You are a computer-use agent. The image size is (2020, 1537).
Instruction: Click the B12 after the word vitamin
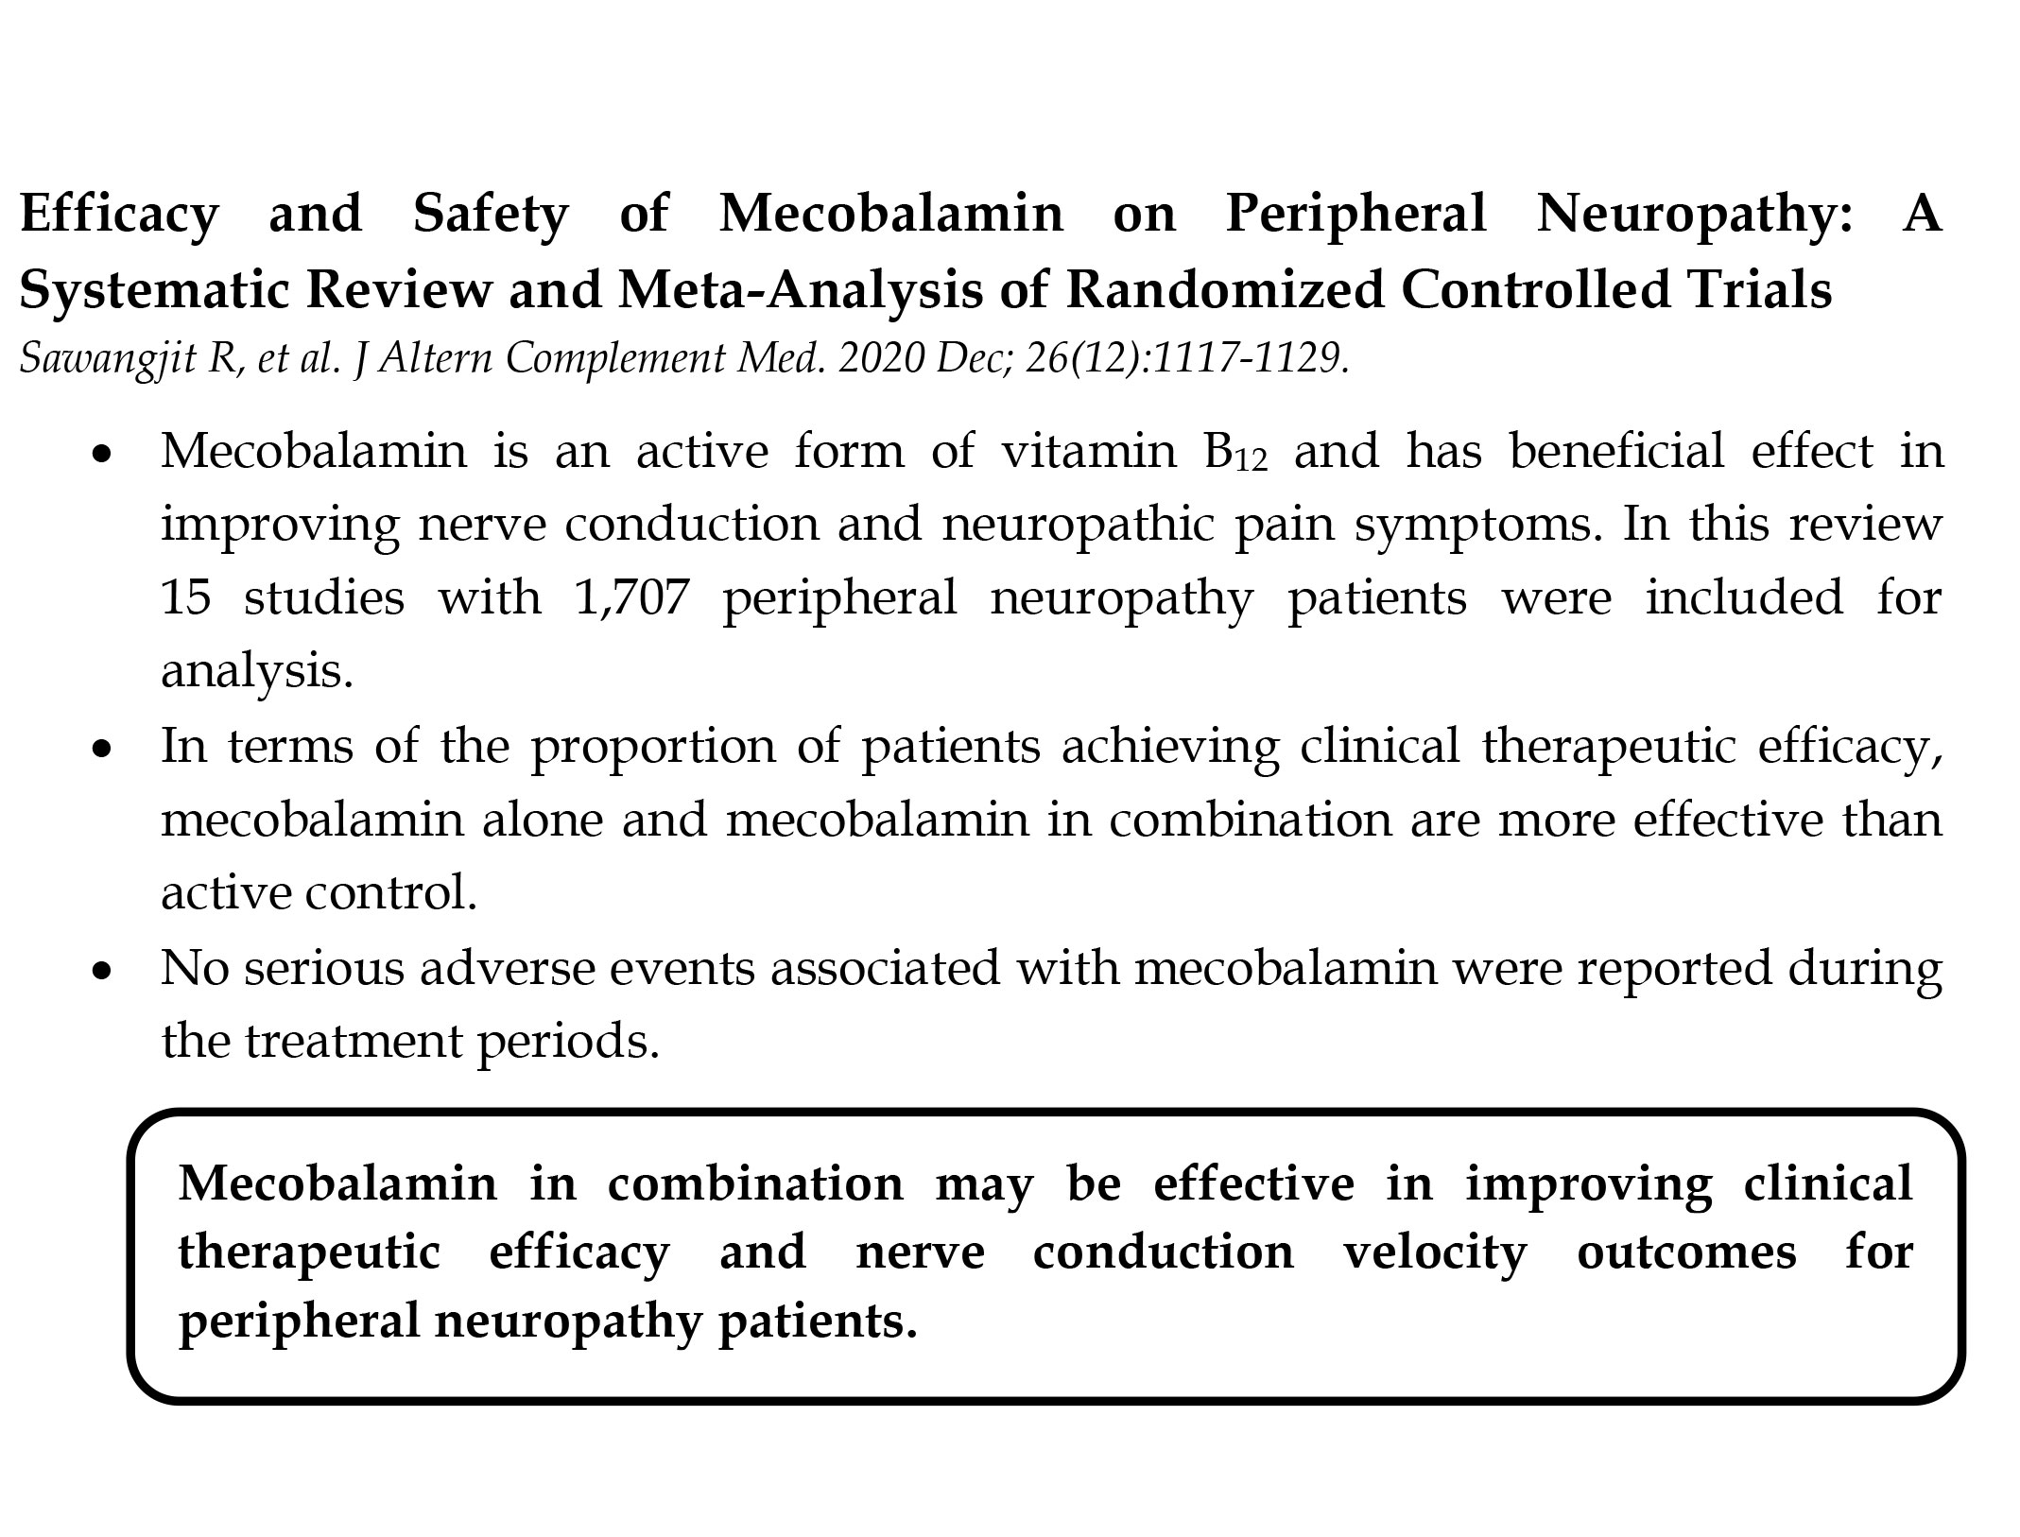coord(1234,452)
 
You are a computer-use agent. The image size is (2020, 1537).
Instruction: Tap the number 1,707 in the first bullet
coord(630,598)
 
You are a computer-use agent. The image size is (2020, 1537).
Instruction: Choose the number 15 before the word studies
coord(186,598)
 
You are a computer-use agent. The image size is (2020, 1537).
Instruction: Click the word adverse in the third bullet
coord(483,968)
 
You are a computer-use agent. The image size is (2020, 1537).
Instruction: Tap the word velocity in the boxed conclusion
coord(1435,1253)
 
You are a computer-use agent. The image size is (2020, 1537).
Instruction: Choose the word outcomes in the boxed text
coord(1686,1253)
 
